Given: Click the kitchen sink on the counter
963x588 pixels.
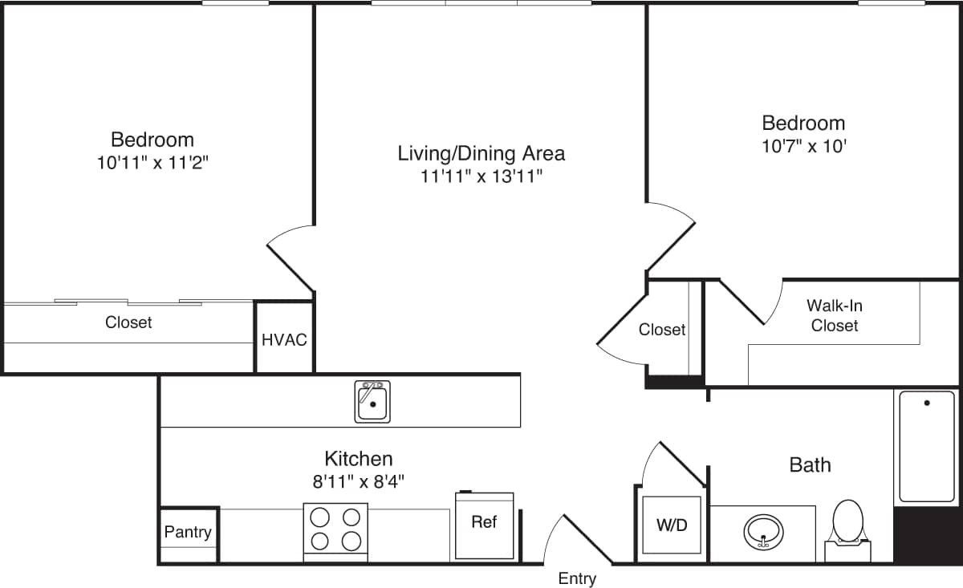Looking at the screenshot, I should click(x=372, y=402).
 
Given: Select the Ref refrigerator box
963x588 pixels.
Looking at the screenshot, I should click(x=484, y=525).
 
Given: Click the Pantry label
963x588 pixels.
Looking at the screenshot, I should click(x=188, y=532).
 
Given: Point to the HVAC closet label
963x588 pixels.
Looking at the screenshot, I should click(x=284, y=340).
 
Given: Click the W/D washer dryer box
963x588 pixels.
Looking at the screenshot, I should click(x=672, y=525).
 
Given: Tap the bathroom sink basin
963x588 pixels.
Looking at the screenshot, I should click(x=763, y=531).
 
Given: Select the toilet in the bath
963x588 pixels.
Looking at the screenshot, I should click(x=847, y=525).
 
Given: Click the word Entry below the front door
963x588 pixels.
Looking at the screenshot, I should click(x=577, y=578).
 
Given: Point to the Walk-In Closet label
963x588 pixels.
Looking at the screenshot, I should click(x=835, y=315).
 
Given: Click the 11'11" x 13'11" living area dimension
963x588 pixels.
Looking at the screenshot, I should click(x=481, y=176).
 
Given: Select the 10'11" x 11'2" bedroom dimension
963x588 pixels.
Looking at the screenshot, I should click(x=152, y=163).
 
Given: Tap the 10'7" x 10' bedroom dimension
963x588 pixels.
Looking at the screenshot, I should click(x=803, y=147).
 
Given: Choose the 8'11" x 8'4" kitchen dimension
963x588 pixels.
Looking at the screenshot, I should click(x=358, y=482).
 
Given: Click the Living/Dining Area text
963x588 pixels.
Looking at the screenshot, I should click(x=481, y=152).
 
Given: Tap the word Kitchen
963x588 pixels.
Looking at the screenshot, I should click(x=358, y=459).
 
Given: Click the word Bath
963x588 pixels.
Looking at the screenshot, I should click(x=810, y=464).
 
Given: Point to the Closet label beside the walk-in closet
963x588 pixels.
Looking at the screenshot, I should click(x=662, y=330).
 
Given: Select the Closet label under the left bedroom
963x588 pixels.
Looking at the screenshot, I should click(x=128, y=322).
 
